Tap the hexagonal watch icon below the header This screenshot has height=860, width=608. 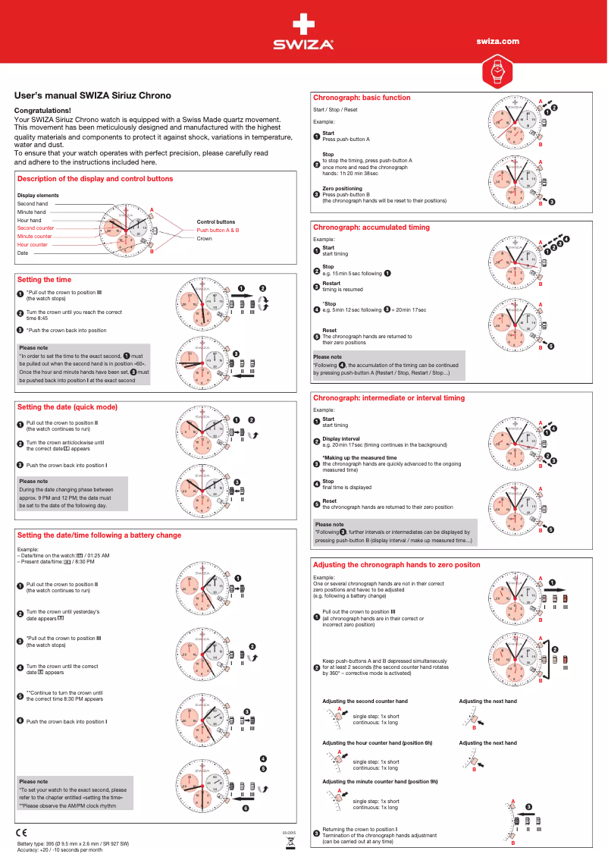pyautogui.click(x=497, y=73)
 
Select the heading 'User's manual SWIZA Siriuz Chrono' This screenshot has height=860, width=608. pyautogui.click(x=93, y=96)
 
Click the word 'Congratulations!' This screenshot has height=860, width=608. pyautogui.click(x=43, y=111)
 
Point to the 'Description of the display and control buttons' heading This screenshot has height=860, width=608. pyautogui.click(x=95, y=179)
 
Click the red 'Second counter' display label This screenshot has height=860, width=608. pyautogui.click(x=36, y=228)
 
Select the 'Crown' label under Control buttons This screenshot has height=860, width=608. pyautogui.click(x=204, y=239)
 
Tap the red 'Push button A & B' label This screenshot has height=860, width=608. pyautogui.click(x=218, y=230)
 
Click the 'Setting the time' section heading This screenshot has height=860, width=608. pyautogui.click(x=44, y=280)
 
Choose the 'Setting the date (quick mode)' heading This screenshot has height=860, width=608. pyautogui.click(x=67, y=407)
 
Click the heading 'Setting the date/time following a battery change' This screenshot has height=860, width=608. pyautogui.click(x=99, y=535)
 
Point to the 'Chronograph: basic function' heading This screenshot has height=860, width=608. pyautogui.click(x=362, y=98)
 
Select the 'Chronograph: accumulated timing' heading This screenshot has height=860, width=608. pyautogui.click(x=371, y=228)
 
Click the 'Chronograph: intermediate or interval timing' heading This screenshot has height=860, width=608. pyautogui.click(x=389, y=398)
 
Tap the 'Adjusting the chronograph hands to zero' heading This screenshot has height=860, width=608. pyautogui.click(x=396, y=566)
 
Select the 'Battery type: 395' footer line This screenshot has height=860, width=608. pyautogui.click(x=73, y=844)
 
